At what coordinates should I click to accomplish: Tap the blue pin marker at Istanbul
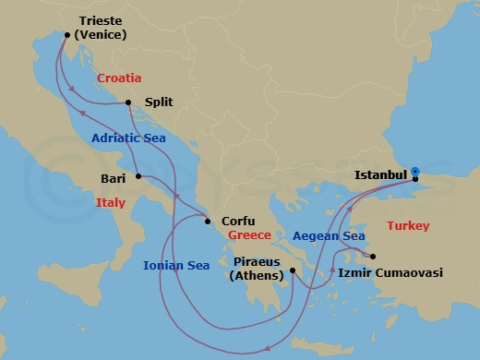pyautogui.click(x=415, y=173)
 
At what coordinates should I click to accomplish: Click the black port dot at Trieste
pyautogui.click(x=66, y=35)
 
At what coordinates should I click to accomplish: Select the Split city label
pyautogui.click(x=159, y=103)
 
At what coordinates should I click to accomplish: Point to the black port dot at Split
pyautogui.click(x=129, y=103)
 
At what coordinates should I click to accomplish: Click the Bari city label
pyautogui.click(x=113, y=176)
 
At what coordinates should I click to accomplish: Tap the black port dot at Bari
pyautogui.click(x=138, y=176)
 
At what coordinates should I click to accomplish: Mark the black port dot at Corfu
pyautogui.click(x=207, y=221)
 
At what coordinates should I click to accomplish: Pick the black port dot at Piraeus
pyautogui.click(x=292, y=270)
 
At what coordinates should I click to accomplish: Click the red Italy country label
pyautogui.click(x=111, y=201)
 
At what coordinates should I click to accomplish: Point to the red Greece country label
pyautogui.click(x=250, y=235)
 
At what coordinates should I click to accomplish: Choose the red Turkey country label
pyautogui.click(x=408, y=225)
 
